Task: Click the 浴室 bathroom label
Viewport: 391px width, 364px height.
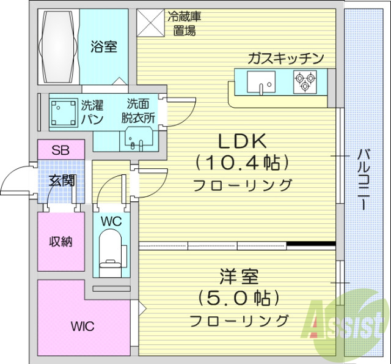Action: tap(104, 47)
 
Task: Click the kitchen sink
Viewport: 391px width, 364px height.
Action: tap(261, 81)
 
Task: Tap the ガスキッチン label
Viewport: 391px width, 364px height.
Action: tap(285, 59)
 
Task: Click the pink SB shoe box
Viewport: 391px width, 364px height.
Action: tap(60, 149)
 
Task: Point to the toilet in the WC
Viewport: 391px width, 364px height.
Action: tap(111, 257)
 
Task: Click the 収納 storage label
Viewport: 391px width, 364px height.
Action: tap(60, 241)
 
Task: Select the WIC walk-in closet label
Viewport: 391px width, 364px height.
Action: tap(81, 325)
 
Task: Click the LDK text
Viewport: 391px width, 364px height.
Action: tap(243, 142)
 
